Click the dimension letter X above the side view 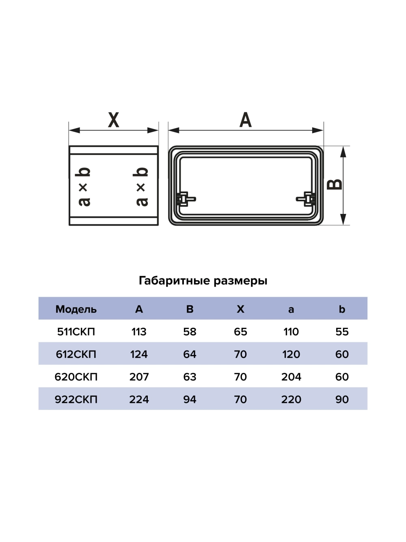tap(114, 120)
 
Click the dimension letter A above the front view tap(246, 120)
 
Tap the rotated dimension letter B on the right tap(335, 185)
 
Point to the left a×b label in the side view tap(84, 187)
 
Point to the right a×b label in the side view tap(141, 187)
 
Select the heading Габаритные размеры tap(203, 281)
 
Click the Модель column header tap(76, 309)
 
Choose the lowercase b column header tap(342, 309)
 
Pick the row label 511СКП tap(76, 332)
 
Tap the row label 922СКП tap(76, 399)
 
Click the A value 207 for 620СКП tap(139, 377)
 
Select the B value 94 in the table tap(190, 399)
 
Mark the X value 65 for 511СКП tap(240, 332)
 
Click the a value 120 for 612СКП tap(291, 354)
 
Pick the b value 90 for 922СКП tap(342, 399)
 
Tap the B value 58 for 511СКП tap(190, 332)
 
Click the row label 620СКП tap(76, 377)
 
